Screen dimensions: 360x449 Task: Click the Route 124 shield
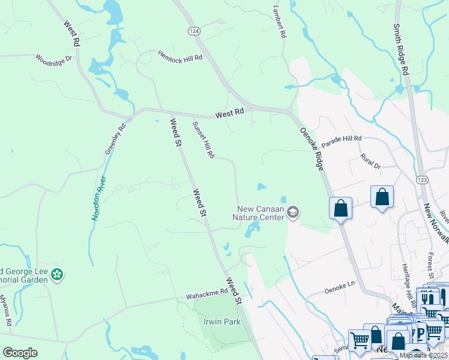(x=193, y=30)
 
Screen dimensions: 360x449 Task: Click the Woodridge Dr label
(x=53, y=59)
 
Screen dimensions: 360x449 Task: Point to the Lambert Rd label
(x=278, y=22)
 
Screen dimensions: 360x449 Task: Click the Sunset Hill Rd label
(x=203, y=140)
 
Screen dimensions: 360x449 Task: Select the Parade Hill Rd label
(x=342, y=141)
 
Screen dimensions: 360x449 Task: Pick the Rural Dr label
(x=370, y=161)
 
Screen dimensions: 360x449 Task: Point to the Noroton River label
(x=97, y=197)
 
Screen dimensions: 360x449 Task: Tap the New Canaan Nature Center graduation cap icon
(x=293, y=212)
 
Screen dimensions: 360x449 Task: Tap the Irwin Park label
(x=223, y=322)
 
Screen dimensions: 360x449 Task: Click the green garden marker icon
(x=57, y=275)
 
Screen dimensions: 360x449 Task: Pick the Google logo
(x=20, y=353)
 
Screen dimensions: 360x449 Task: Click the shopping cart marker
(x=359, y=340)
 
